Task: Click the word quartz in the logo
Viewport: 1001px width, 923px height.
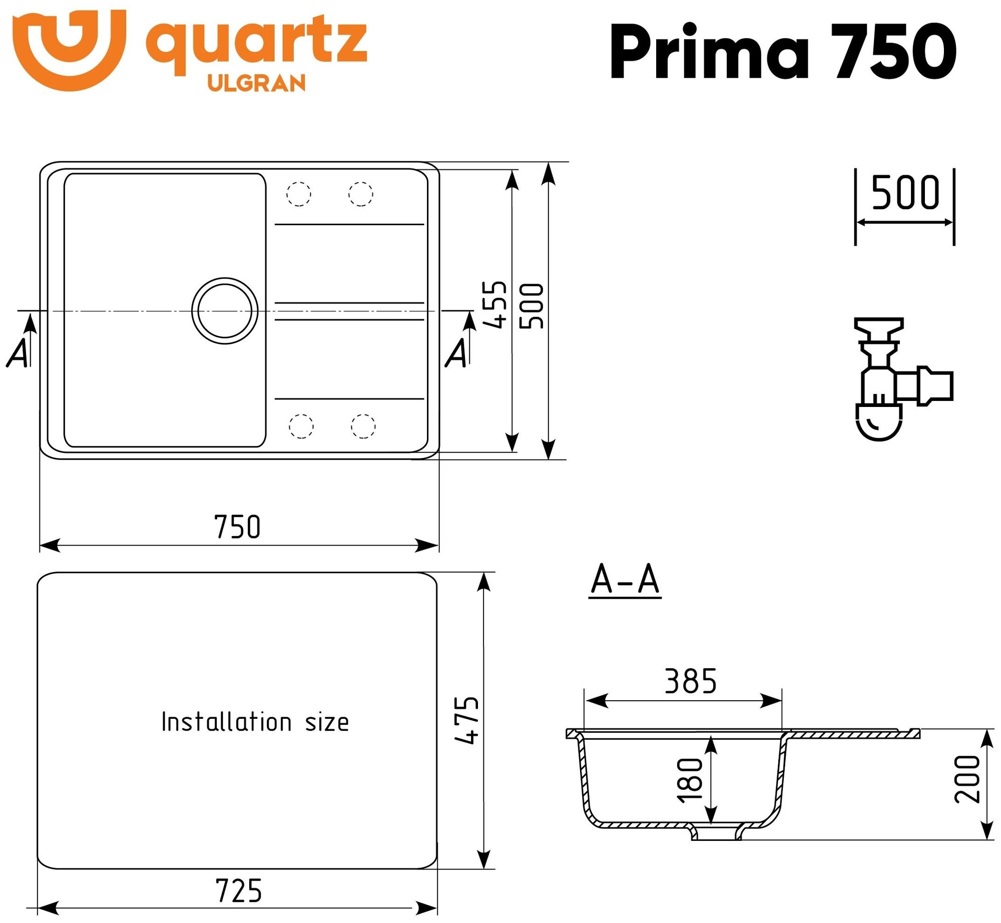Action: [256, 42]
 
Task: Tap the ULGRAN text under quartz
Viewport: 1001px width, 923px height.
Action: [256, 83]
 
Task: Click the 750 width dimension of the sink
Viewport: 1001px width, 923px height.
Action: [237, 527]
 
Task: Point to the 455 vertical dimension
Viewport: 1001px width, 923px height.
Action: [494, 304]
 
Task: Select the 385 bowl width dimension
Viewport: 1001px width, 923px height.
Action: [691, 681]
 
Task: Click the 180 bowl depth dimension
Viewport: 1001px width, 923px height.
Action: [690, 780]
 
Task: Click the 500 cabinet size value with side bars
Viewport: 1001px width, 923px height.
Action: [905, 193]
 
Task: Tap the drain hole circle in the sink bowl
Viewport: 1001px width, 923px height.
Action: [225, 311]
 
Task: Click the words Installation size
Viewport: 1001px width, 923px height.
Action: [255, 722]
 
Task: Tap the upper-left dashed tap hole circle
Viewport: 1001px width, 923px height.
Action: [299, 194]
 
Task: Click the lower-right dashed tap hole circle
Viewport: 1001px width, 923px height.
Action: [363, 426]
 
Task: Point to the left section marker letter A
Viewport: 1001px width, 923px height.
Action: [19, 353]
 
